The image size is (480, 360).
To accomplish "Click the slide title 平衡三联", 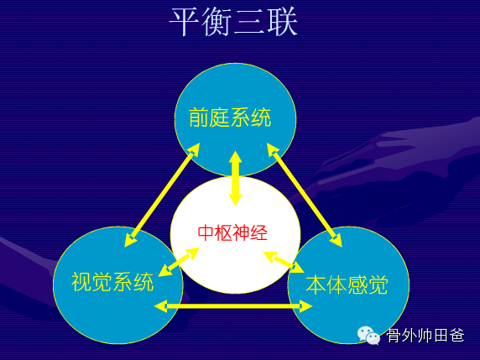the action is pos(233,22).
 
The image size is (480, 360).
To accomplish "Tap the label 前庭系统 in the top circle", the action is pos(230,117).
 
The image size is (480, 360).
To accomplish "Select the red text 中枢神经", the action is pos(233,233).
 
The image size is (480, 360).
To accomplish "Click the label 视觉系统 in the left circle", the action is pos(112,282).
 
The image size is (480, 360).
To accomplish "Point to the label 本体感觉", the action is pos(347,284).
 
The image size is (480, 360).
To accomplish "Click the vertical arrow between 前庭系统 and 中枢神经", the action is pos(236,179).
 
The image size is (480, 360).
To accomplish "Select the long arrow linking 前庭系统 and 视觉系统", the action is pos(162,195).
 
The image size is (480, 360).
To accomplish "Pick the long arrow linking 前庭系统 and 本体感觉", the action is pos(305,195).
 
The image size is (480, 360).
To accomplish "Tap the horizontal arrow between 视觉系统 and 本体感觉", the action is pos(233,306).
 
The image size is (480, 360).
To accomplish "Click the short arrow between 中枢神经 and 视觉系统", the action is pos(179,262).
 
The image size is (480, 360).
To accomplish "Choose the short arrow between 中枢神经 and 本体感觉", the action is pos(284,262).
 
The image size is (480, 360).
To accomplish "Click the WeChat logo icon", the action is pos(369,336).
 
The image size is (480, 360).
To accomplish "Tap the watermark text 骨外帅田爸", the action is pos(425,336).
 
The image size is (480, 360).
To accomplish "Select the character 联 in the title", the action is pos(283,22).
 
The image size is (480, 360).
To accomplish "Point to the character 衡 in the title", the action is pos(217,22).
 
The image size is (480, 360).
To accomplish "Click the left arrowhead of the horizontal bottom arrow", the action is pos(160,306).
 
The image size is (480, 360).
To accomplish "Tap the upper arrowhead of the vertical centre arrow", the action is pos(236,157).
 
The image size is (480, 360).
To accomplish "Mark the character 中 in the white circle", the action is pos(206,233).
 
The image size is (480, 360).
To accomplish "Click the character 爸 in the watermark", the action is pos(457,336).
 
